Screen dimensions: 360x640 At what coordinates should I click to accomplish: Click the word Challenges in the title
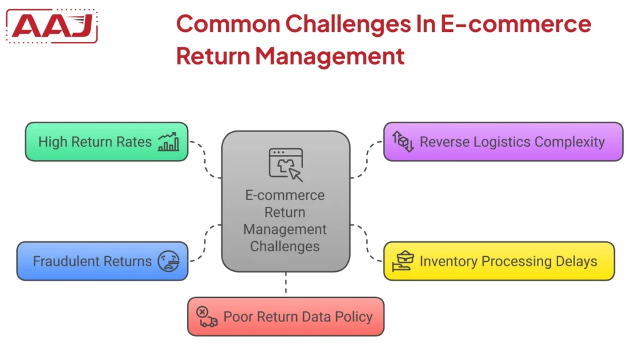click(x=347, y=24)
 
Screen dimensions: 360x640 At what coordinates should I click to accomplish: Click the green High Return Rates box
click(x=106, y=142)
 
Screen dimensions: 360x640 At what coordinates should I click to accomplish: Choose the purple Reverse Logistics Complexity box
click(x=502, y=142)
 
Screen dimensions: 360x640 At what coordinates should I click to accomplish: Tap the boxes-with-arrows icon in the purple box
click(x=403, y=142)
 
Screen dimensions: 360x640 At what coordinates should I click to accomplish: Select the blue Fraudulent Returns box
click(x=102, y=261)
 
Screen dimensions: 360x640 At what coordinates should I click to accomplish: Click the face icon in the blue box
click(x=167, y=261)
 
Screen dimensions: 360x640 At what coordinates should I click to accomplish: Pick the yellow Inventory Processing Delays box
click(x=498, y=261)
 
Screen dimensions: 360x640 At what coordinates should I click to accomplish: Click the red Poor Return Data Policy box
click(x=286, y=317)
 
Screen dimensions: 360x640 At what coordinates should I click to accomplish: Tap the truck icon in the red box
click(x=207, y=317)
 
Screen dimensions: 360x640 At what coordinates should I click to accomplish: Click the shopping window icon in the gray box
click(x=286, y=164)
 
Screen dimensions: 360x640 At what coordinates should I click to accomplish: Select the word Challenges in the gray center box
click(x=285, y=246)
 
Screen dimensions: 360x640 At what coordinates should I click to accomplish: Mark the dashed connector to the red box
click(x=286, y=284)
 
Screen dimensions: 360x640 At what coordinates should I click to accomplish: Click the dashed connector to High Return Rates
click(x=205, y=159)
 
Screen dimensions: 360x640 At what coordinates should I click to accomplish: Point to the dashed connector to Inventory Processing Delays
click(x=367, y=244)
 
